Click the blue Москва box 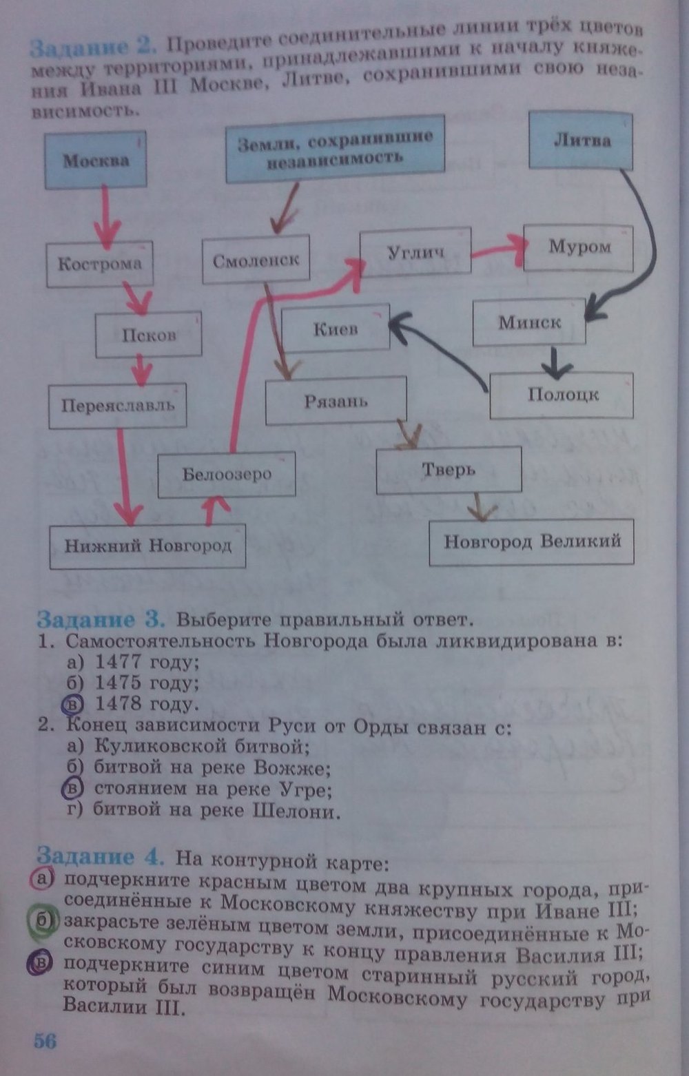click(96, 160)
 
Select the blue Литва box click(581, 141)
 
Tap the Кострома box click(100, 264)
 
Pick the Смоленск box click(256, 260)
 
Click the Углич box click(415, 252)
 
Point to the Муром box click(579, 247)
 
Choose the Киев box click(336, 329)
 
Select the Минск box click(529, 322)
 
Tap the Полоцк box click(562, 395)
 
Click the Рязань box click(336, 402)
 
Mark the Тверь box click(449, 470)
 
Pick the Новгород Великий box click(531, 542)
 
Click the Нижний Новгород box click(147, 546)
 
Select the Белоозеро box click(227, 474)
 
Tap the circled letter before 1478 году click(72, 704)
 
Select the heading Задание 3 click(101, 619)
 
